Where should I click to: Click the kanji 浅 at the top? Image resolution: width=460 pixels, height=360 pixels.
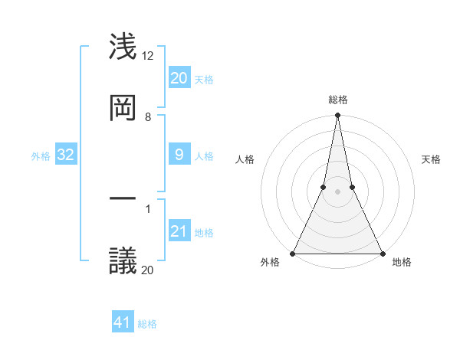(123, 47)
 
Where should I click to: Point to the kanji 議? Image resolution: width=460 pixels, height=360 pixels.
(123, 260)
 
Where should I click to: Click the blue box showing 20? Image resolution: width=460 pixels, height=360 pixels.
(179, 78)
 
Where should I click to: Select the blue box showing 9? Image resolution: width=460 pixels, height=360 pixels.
(179, 155)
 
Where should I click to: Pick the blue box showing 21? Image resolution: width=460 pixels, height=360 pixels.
(179, 231)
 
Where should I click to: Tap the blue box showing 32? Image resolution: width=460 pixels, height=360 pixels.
(66, 155)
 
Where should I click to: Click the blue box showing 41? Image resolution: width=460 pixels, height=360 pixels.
(123, 322)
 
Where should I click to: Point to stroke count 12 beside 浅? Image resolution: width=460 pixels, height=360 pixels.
(148, 56)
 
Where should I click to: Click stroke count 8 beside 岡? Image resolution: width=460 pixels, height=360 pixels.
(148, 117)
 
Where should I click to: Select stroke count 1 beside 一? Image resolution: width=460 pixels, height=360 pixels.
(148, 208)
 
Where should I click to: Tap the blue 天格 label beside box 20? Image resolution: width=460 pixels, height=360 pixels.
(204, 79)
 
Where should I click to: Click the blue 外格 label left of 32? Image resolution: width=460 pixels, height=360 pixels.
(41, 156)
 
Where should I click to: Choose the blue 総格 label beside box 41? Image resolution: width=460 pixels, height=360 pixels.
(147, 324)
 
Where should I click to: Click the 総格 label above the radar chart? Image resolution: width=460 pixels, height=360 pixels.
(337, 100)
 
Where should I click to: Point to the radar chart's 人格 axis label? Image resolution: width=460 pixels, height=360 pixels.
(245, 159)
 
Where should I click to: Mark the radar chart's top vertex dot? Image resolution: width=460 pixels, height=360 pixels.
(337, 116)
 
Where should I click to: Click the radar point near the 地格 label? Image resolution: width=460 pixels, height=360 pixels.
(382, 253)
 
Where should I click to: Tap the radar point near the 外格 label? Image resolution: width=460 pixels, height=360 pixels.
(293, 253)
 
